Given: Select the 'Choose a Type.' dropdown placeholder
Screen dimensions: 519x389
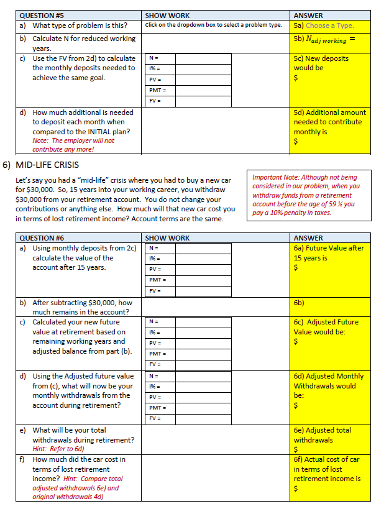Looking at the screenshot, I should pyautogui.click(x=329, y=25).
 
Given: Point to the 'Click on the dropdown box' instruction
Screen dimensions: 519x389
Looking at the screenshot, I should pyautogui.click(x=213, y=25).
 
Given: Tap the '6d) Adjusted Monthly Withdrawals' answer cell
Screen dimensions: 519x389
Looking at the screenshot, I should pyautogui.click(x=331, y=390).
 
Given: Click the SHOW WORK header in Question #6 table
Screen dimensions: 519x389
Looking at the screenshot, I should pyautogui.click(x=167, y=238).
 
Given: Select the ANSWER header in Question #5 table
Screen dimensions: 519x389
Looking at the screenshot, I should pyautogui.click(x=308, y=16).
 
